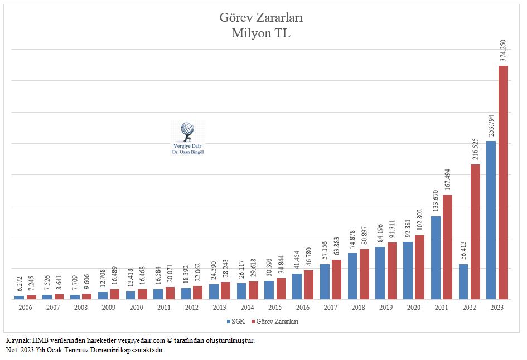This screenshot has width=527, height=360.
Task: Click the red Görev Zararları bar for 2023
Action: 503,182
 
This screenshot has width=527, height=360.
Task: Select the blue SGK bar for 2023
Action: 491,220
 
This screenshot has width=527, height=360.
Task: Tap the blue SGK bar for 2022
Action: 463,281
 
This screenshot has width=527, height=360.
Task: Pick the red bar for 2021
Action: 447,247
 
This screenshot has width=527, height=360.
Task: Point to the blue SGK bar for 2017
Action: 325,281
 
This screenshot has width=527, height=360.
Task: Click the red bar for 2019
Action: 392,270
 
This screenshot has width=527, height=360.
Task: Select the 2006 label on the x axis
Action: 25,307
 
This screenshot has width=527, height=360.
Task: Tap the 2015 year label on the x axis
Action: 275,307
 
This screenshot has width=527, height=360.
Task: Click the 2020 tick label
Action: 414,307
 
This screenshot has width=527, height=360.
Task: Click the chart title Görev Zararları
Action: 261,18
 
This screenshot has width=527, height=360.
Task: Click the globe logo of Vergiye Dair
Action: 187,131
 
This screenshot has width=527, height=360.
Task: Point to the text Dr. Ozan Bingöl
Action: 187,152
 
